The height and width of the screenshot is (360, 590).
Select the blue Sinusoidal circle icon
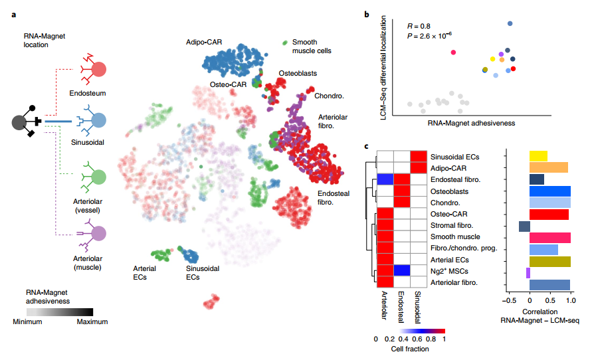click(x=98, y=121)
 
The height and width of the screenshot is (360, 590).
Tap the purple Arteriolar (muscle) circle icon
click(x=98, y=233)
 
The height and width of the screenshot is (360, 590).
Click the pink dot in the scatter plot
click(x=454, y=52)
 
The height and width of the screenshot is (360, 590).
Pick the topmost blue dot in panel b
click(x=510, y=24)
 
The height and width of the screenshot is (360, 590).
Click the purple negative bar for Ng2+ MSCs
click(x=528, y=273)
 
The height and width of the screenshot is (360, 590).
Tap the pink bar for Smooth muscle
click(x=549, y=238)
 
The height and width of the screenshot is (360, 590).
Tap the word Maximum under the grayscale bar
click(x=92, y=321)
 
